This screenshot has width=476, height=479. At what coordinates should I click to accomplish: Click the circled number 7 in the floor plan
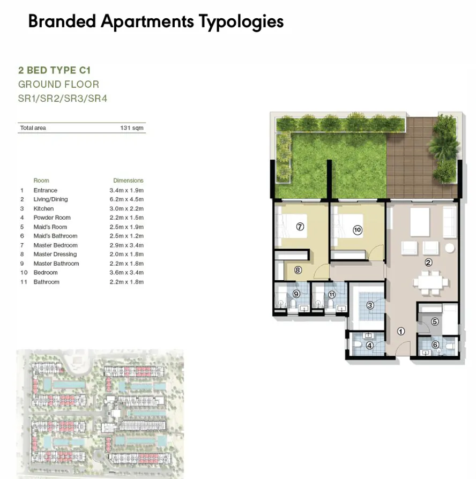(x=300, y=227)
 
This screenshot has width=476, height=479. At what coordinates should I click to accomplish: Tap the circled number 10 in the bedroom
(x=358, y=230)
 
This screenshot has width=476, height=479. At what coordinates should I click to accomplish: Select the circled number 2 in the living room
(x=428, y=263)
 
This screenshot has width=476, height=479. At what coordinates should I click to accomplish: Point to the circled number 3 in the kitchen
(x=370, y=305)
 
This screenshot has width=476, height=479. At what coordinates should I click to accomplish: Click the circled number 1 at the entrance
(x=400, y=331)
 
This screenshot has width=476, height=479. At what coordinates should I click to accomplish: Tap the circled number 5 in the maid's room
(x=435, y=321)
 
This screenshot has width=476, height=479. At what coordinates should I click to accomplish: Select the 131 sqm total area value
(x=132, y=128)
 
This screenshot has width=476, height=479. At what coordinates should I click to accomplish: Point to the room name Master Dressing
(x=55, y=255)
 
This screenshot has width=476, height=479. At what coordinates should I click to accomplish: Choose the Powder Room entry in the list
(x=51, y=218)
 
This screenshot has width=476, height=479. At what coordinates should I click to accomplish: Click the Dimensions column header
(x=128, y=181)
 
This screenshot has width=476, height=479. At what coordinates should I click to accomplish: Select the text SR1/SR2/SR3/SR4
(x=63, y=99)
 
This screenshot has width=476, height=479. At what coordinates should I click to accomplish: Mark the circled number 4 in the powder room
(x=369, y=346)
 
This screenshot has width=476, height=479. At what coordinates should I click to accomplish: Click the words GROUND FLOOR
(x=58, y=85)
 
